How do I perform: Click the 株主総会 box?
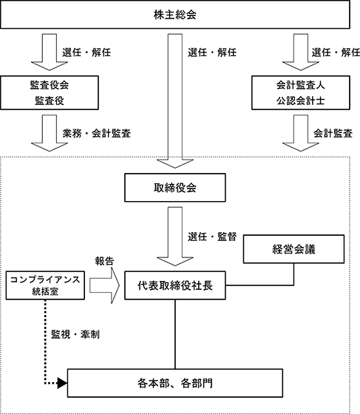pyautogui.click(x=175, y=15)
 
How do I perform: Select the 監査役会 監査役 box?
pyautogui.click(x=50, y=92)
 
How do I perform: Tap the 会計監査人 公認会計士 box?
pyautogui.click(x=301, y=92)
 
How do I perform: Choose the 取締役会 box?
pyautogui.click(x=175, y=188)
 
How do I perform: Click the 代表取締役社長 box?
pyautogui.click(x=175, y=285)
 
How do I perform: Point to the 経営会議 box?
pyautogui.click(x=293, y=249)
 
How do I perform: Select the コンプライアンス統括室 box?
pyautogui.click(x=45, y=285)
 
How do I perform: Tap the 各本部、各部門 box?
pyautogui.click(x=175, y=383)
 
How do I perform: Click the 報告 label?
pyautogui.click(x=104, y=261)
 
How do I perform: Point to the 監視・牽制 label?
pyautogui.click(x=75, y=334)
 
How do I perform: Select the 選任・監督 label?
pyautogui.click(x=212, y=237)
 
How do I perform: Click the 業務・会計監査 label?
pyautogui.click(x=97, y=133)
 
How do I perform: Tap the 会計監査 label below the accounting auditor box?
pyautogui.click(x=333, y=133)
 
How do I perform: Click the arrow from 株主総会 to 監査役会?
pyautogui.click(x=50, y=52)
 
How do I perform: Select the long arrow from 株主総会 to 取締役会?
pyautogui.click(x=175, y=101)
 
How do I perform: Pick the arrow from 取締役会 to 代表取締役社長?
pyautogui.click(x=175, y=237)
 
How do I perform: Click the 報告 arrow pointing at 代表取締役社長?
pyautogui.click(x=104, y=285)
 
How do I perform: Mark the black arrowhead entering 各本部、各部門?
pyautogui.click(x=62, y=383)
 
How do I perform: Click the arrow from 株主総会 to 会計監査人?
pyautogui.click(x=301, y=52)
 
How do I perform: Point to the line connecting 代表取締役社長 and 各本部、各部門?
pyautogui.click(x=175, y=334)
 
